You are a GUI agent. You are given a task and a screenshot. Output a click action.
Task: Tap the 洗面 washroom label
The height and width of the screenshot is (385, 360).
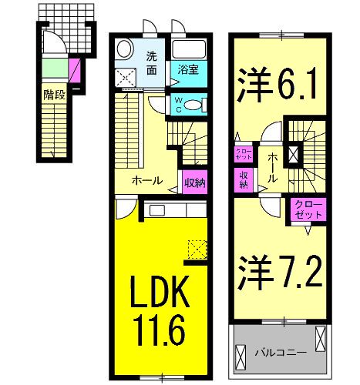(x=153, y=62)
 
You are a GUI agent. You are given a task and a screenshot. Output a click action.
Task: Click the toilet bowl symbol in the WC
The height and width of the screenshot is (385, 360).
(x=194, y=105)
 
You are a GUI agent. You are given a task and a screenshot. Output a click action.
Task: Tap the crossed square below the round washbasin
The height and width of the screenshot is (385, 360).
(x=125, y=76)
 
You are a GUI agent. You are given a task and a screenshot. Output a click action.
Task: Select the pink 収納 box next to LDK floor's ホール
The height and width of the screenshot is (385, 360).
(x=194, y=182)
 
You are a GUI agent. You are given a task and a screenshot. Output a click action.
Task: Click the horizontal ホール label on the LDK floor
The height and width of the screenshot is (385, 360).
(x=147, y=182)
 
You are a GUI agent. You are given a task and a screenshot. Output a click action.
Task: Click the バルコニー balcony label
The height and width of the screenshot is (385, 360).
(x=282, y=352)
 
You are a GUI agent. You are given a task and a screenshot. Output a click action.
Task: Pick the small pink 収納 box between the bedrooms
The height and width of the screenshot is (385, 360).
(x=242, y=179)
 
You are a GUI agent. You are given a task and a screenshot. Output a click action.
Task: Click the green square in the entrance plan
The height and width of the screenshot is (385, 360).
(x=54, y=67)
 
